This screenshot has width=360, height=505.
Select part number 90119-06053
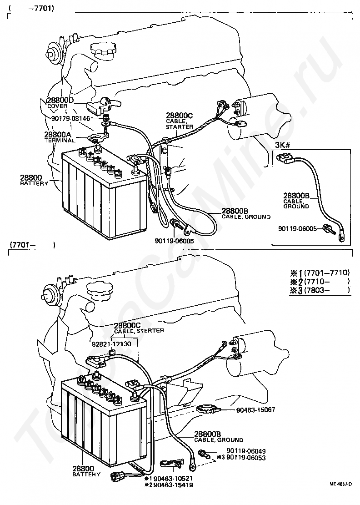(246, 458)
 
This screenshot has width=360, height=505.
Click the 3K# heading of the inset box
(282, 146)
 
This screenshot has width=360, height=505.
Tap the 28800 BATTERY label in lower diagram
(86, 471)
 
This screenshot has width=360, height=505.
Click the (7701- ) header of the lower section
(31, 245)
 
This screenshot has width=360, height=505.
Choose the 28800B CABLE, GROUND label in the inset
(296, 200)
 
